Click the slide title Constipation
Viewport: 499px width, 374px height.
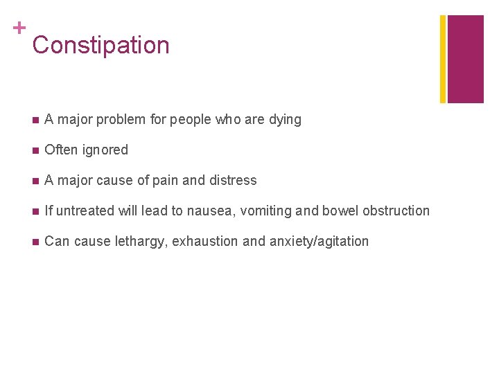point(100,45)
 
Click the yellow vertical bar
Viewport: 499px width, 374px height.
point(444,59)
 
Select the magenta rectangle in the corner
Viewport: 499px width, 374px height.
point(466,59)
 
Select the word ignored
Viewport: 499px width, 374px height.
point(105,150)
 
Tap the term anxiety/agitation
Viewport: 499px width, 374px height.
point(318,242)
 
